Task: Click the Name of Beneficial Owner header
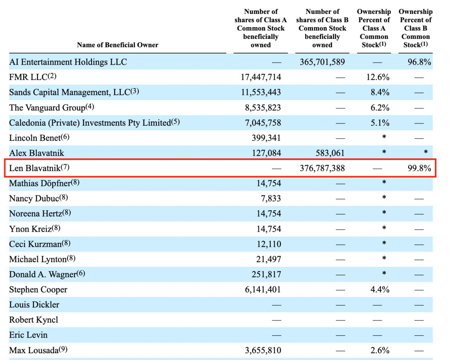pyautogui.click(x=117, y=45)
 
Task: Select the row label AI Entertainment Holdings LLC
pyautogui.click(x=68, y=62)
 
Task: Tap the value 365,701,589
pyautogui.click(x=322, y=62)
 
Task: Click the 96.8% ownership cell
pyautogui.click(x=419, y=62)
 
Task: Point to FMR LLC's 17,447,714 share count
pyautogui.click(x=261, y=77)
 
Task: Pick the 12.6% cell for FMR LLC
pyautogui.click(x=378, y=77)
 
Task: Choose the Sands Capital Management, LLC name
pyautogui.click(x=69, y=92)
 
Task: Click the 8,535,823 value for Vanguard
pyautogui.click(x=263, y=108)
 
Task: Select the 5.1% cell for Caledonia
pyautogui.click(x=380, y=123)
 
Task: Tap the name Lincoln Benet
pyautogui.click(x=35, y=138)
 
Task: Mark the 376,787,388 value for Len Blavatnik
pyautogui.click(x=322, y=168)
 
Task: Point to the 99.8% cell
pyautogui.click(x=419, y=168)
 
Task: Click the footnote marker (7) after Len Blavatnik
pyautogui.click(x=65, y=167)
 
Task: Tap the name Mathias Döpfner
pyautogui.click(x=40, y=183)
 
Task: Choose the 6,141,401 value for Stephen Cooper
pyautogui.click(x=263, y=289)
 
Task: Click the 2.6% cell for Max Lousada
pyautogui.click(x=380, y=350)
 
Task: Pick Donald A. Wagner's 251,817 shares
pyautogui.click(x=266, y=275)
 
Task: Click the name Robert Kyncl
pyautogui.click(x=34, y=320)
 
